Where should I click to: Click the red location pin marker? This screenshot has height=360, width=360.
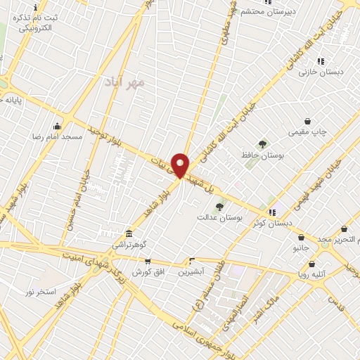181,165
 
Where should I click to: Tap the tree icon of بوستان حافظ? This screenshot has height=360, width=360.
262,144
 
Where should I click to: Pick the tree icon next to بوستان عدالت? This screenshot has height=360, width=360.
220,207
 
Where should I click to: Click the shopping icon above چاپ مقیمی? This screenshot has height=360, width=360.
307,121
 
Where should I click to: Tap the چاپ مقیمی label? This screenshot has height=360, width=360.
307,131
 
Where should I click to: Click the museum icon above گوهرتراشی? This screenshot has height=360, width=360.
129,233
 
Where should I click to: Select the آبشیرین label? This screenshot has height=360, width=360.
191,271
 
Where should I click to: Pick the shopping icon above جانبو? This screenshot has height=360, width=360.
301,238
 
